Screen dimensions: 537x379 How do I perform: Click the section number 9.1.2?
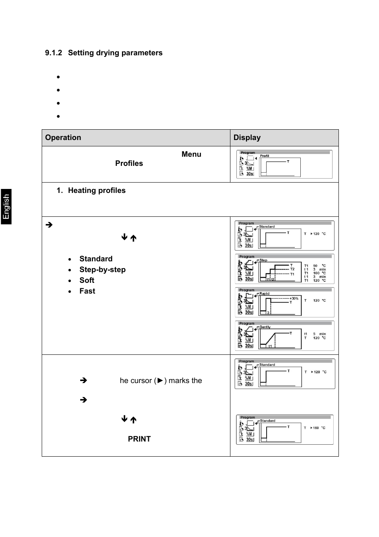(54, 53)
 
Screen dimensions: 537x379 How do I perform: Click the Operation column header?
(63, 138)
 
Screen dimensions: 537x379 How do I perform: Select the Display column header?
(247, 138)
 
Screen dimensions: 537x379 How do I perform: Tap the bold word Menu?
(191, 154)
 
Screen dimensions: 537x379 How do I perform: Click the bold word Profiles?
(129, 163)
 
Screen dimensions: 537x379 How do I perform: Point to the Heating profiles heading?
(97, 191)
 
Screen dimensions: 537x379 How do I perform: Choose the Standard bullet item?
(96, 259)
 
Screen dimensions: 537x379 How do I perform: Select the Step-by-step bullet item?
(102, 270)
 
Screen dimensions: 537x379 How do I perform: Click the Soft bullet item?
(87, 280)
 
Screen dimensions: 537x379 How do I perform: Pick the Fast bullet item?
(87, 291)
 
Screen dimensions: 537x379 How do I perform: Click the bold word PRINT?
(139, 439)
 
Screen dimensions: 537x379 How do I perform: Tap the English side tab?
(6, 206)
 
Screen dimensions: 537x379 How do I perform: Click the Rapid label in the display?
(264, 294)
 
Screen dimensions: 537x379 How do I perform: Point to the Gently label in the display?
(265, 327)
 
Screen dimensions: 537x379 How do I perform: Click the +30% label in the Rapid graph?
(294, 298)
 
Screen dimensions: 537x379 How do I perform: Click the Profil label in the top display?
(265, 156)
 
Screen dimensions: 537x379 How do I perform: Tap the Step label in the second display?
(263, 260)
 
